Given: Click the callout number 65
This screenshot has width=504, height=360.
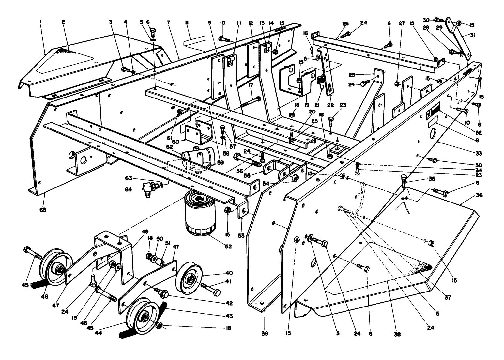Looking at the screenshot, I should (x=43, y=210).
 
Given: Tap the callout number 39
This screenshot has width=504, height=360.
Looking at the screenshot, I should (x=265, y=334).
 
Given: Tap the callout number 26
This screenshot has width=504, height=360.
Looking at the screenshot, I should (x=345, y=23).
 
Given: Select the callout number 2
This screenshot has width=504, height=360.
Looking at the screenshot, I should (x=63, y=22).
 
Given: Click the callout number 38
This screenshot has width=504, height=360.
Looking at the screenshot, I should (x=397, y=334).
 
